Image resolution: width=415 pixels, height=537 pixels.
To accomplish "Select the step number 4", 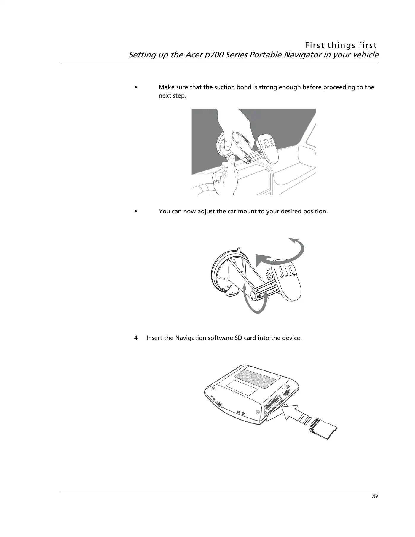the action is pos(136,338).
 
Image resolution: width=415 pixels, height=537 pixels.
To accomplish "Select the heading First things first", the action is pos(341,45).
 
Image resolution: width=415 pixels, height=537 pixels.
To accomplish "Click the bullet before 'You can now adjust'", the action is pos(135,212).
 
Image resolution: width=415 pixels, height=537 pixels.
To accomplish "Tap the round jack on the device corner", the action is pos(287,392).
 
